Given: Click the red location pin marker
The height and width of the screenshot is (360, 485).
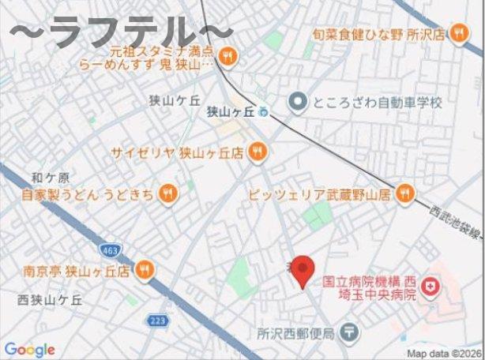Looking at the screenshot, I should coord(301,272).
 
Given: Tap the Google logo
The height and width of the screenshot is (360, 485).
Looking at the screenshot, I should coord(29,350).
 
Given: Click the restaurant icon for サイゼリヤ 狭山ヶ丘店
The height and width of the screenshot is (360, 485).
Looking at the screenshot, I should coord(257,152).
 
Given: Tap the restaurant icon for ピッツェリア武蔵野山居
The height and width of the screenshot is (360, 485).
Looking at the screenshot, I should coord(404,193).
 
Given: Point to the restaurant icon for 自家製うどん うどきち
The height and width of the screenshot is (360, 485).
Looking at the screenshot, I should coord(167,193).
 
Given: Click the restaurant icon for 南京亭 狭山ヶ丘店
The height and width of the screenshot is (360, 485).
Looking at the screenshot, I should coord(143,270).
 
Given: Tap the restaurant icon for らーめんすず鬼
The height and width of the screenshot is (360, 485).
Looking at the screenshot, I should coord(227,55).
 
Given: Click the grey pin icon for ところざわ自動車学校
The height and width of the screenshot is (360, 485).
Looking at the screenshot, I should coord(297,102).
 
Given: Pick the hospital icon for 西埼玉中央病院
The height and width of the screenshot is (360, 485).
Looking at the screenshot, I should coord(431,288).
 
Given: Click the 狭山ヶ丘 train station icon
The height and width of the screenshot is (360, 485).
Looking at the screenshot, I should coord(263,111).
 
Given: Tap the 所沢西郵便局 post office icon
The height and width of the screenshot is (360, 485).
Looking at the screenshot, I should coord(350,334).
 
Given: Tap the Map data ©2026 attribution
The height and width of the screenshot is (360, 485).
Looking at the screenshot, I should coord(445,353).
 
